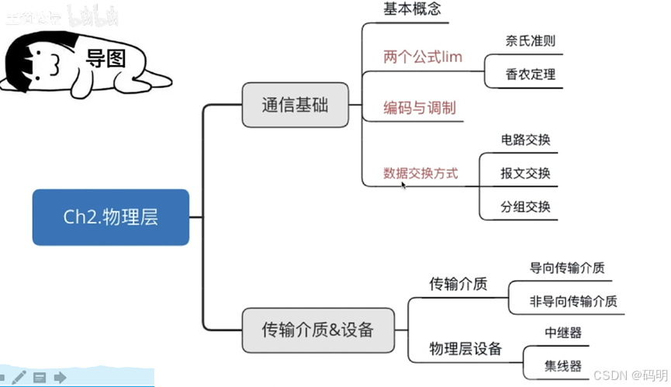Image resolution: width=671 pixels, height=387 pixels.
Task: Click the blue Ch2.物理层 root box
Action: click(x=110, y=217)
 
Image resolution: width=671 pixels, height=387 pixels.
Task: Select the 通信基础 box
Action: click(x=295, y=105)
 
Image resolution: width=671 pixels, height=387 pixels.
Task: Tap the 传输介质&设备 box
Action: click(x=318, y=330)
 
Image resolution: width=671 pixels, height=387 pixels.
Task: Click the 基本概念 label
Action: click(x=413, y=10)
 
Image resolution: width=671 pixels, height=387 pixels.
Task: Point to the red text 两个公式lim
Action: click(x=423, y=57)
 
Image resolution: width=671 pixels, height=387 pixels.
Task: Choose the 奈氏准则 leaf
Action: click(x=530, y=41)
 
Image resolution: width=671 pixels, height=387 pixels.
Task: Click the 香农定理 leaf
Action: click(x=530, y=75)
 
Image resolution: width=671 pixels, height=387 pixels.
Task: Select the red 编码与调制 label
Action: click(x=420, y=108)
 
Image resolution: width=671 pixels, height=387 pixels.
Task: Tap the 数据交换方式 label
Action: click(x=420, y=173)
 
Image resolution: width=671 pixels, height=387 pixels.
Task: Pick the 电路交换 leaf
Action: click(x=525, y=140)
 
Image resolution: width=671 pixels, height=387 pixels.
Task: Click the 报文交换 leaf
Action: click(x=525, y=173)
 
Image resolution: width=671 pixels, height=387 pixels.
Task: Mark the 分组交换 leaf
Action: click(x=525, y=206)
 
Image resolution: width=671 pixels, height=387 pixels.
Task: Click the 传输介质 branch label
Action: click(x=458, y=284)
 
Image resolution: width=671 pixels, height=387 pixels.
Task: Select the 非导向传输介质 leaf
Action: click(x=573, y=301)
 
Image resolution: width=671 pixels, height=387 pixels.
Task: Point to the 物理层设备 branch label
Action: click(x=465, y=348)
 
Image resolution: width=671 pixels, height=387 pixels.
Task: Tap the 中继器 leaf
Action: click(x=562, y=333)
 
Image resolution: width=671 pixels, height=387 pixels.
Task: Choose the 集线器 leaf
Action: click(x=562, y=365)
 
